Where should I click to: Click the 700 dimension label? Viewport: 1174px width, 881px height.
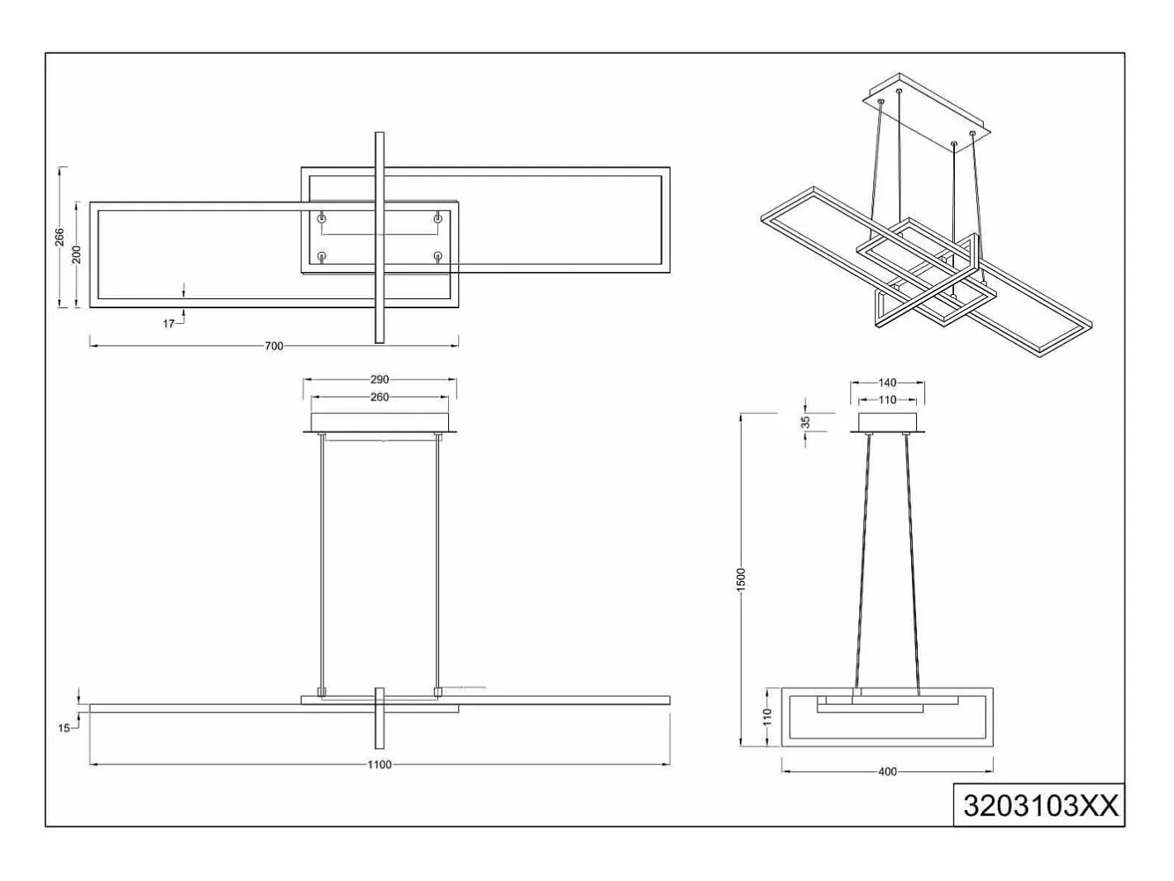[274, 346]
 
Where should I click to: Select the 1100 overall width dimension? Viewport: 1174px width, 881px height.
[379, 765]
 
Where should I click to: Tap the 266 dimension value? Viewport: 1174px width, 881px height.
[60, 237]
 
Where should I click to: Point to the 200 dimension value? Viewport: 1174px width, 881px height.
[77, 255]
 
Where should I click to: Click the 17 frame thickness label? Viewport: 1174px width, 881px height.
[169, 323]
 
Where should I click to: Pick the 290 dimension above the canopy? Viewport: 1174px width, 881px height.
[379, 379]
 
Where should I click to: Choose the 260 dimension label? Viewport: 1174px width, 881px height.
[379, 398]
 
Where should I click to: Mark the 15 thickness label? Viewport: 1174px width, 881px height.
[64, 728]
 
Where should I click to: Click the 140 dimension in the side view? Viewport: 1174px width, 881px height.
[887, 383]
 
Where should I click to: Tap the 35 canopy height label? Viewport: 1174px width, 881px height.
[805, 421]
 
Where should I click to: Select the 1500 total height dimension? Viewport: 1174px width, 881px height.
[741, 580]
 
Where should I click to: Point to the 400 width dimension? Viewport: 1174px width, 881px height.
[887, 772]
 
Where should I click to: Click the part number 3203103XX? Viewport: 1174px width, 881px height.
[1041, 806]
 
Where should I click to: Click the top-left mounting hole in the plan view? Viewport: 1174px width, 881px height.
[322, 219]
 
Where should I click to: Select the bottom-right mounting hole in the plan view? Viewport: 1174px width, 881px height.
[438, 256]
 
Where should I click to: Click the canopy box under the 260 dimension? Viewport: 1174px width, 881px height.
[379, 421]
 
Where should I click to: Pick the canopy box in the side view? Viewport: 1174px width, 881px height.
[887, 421]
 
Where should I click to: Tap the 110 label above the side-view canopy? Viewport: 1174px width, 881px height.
[887, 400]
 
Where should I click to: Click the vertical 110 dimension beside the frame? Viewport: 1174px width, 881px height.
[767, 717]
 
